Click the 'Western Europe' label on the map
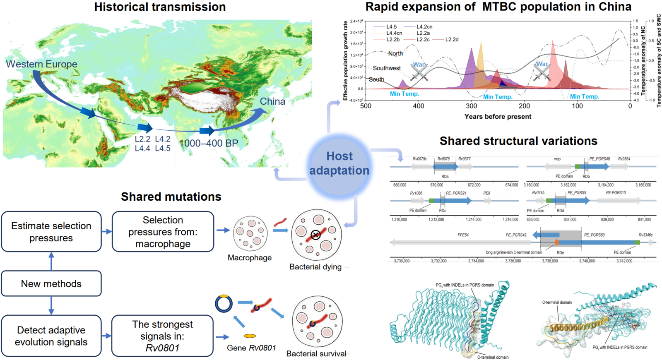(41, 64)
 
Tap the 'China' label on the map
(272, 101)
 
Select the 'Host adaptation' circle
(339, 163)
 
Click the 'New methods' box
(51, 284)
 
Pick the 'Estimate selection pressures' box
(51, 232)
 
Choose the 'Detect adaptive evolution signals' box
(51, 336)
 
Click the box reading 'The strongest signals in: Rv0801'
(162, 336)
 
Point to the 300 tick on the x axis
(471, 106)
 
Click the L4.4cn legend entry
(394, 33)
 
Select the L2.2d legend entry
(452, 40)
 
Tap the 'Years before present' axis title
(498, 117)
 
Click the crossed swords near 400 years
(419, 72)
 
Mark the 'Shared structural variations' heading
(518, 141)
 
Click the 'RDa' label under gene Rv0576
(445, 177)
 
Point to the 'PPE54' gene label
(463, 235)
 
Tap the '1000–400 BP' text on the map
(209, 143)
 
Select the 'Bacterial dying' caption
(315, 267)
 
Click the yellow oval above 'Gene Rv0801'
(250, 336)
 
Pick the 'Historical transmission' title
(160, 7)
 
